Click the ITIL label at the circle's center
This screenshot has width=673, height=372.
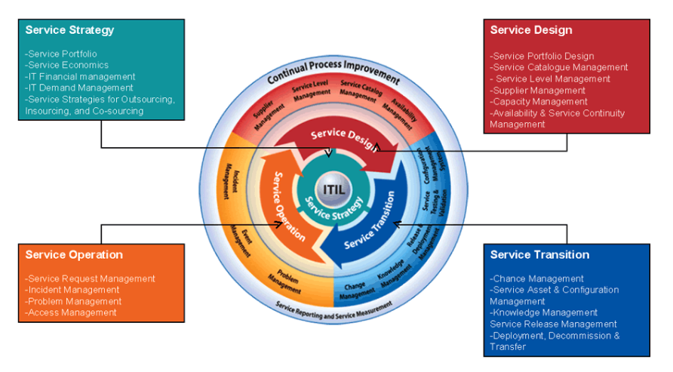[332, 189]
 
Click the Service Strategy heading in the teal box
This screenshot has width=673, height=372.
[69, 30]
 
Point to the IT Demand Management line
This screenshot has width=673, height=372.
[78, 88]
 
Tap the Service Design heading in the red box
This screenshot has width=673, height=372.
[531, 30]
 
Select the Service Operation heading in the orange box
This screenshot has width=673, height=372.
[74, 254]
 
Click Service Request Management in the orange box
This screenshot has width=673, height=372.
[91, 278]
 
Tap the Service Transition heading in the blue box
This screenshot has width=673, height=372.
[539, 254]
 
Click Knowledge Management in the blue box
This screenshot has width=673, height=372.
[544, 312]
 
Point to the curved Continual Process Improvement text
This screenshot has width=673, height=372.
[333, 74]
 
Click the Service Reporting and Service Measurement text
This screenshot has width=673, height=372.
[333, 306]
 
